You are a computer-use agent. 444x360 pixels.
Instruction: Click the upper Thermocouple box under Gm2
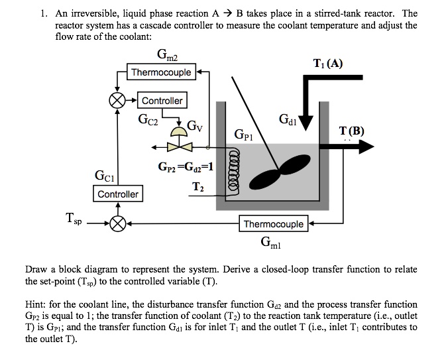161,72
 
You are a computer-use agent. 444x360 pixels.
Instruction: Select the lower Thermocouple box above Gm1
274,224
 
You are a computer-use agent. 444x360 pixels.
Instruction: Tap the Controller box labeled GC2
162,101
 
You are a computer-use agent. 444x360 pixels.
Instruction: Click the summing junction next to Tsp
119,224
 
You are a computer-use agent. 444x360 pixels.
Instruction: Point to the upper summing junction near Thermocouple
117,101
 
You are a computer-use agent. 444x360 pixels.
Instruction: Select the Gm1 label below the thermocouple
273,242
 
